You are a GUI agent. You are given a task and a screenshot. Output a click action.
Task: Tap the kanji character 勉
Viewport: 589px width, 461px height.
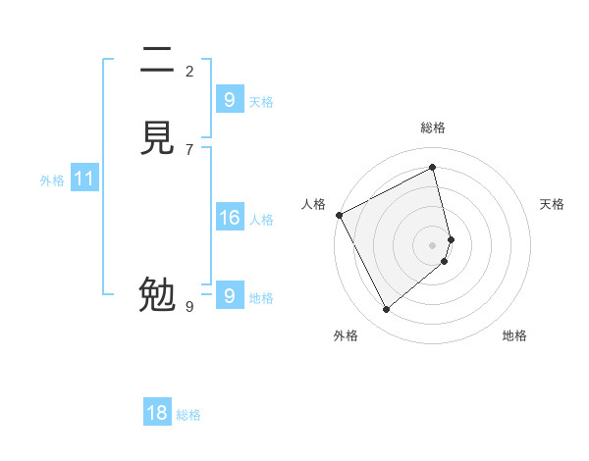pyautogui.click(x=158, y=294)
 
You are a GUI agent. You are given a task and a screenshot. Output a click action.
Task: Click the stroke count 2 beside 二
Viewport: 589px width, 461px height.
pyautogui.click(x=189, y=71)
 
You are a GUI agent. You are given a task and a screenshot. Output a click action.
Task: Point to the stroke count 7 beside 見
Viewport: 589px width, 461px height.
pyautogui.click(x=189, y=149)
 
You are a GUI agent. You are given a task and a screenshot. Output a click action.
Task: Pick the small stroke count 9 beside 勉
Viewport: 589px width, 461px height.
pyautogui.click(x=189, y=307)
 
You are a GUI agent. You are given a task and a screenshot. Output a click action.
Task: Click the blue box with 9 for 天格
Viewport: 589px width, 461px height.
pyautogui.click(x=229, y=99)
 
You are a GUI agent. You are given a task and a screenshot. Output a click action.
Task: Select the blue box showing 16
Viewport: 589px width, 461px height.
pyautogui.click(x=229, y=218)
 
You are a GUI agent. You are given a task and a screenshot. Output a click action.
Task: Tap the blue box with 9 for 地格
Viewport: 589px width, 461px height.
pyautogui.click(x=229, y=296)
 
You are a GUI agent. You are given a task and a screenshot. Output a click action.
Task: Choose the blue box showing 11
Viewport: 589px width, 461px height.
pyautogui.click(x=84, y=179)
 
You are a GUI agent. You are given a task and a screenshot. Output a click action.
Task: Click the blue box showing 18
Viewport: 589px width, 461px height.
pyautogui.click(x=157, y=413)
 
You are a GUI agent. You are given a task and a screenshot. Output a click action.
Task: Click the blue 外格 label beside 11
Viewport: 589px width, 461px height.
pyautogui.click(x=52, y=180)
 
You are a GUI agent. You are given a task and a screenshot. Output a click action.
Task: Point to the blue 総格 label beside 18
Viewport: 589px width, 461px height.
pyautogui.click(x=188, y=415)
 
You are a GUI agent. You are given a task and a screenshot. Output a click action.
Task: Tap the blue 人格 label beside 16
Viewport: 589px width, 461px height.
pyautogui.click(x=261, y=220)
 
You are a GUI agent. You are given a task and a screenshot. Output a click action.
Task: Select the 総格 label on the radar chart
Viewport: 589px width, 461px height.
pyautogui.click(x=433, y=128)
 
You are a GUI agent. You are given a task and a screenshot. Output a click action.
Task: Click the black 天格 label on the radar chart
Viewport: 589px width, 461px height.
pyautogui.click(x=552, y=204)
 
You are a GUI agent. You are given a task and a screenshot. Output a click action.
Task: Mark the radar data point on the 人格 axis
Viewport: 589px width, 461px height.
pyautogui.click(x=339, y=215)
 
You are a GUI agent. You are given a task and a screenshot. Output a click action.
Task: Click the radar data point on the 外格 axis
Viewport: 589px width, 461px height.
pyautogui.click(x=386, y=310)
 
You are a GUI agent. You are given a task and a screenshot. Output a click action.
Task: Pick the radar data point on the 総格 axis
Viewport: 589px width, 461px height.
pyautogui.click(x=433, y=167)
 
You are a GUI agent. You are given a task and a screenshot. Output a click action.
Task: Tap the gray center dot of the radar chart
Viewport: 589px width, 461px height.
pyautogui.click(x=433, y=244)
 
